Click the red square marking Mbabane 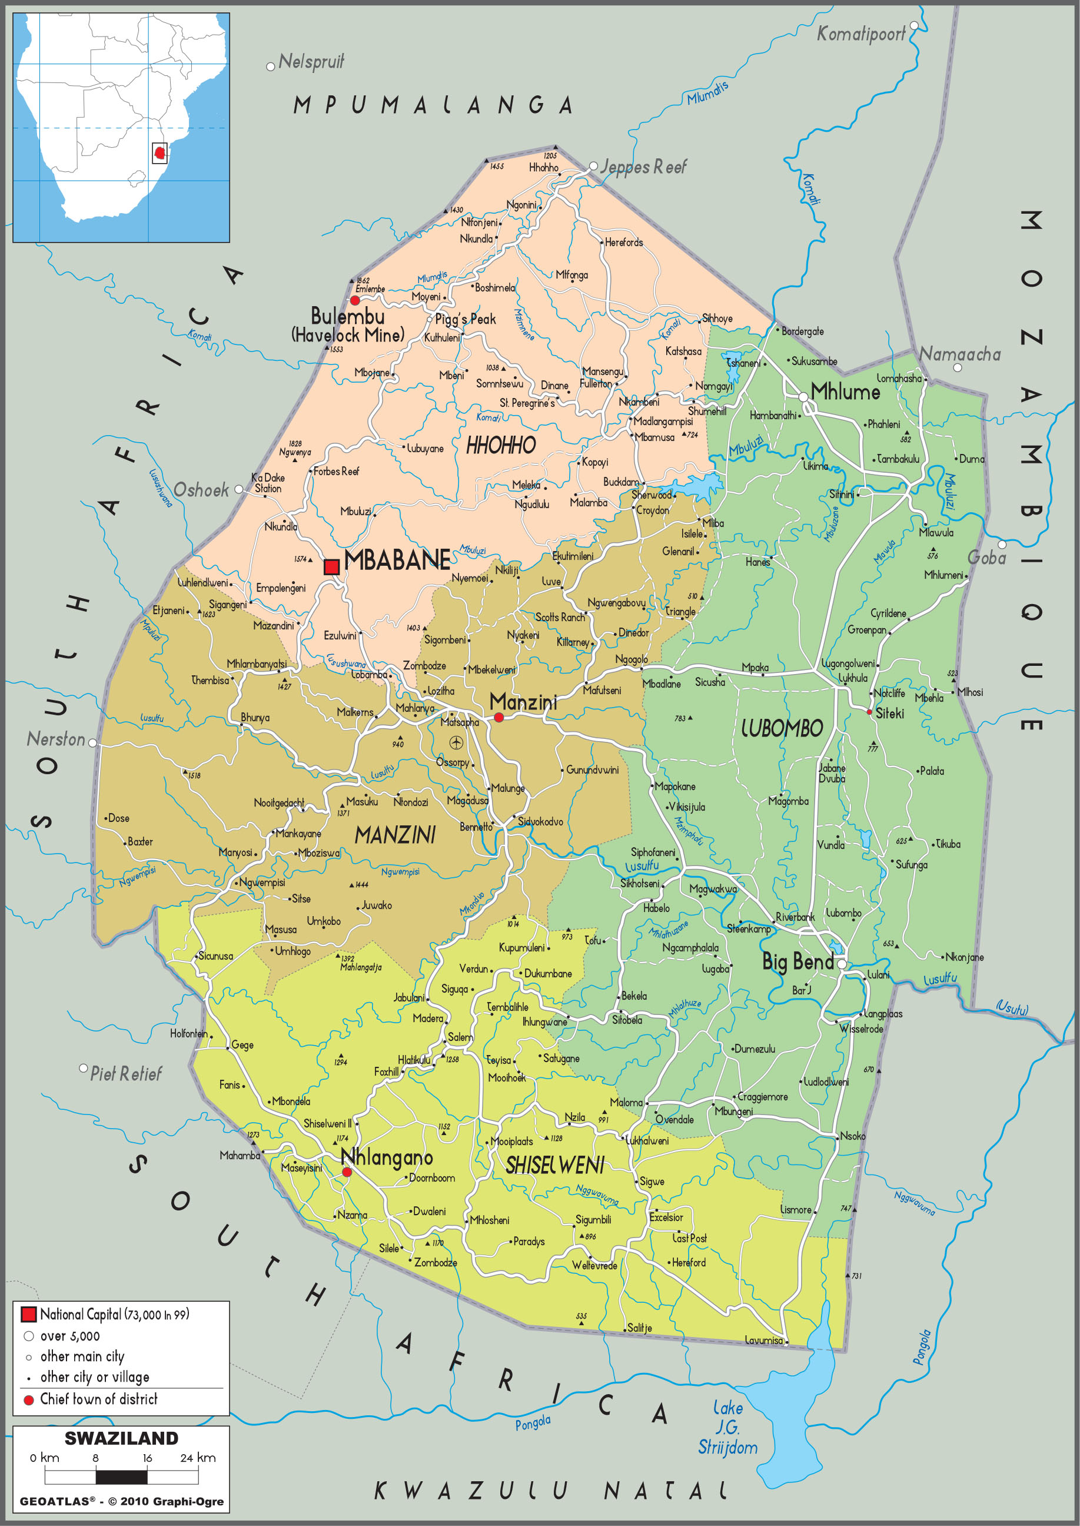[331, 567]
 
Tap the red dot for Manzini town [499, 717]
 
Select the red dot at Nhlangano [347, 1172]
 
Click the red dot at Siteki [869, 712]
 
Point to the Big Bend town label [797, 961]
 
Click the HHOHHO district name [500, 445]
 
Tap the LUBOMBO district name [782, 728]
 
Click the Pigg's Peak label [466, 319]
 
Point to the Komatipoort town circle [914, 25]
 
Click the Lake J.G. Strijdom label [727, 1427]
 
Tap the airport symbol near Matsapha [456, 742]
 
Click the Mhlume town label [845, 392]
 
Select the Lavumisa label [763, 1340]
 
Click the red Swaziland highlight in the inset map [159, 153]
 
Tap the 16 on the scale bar [147, 1458]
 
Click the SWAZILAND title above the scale [121, 1438]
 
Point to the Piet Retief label [126, 1074]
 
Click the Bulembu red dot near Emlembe [354, 301]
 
